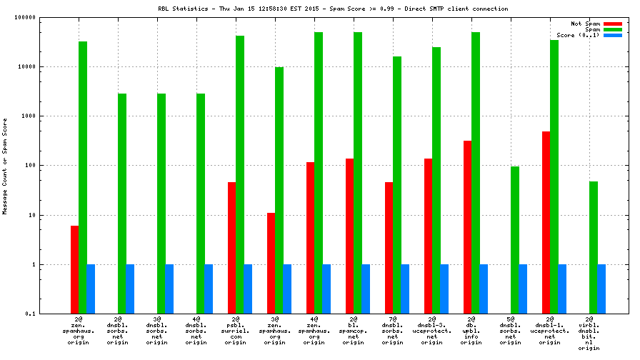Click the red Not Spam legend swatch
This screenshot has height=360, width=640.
click(612, 24)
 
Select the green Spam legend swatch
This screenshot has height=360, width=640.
click(612, 29)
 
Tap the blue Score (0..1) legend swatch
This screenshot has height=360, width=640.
click(612, 35)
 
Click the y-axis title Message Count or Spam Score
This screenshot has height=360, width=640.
click(6, 166)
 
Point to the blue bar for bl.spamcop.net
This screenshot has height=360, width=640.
click(366, 289)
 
